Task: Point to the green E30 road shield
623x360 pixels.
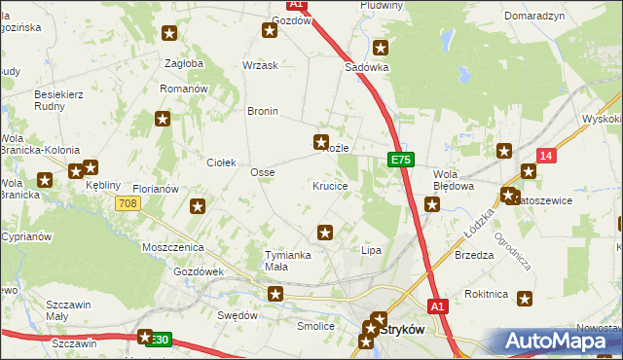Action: [159, 340]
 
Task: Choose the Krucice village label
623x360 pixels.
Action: [330, 185]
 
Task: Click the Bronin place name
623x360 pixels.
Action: [263, 111]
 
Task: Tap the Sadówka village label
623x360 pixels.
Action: [367, 68]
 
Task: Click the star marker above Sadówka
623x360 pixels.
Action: [381, 47]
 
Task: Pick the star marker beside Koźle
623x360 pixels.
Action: [321, 142]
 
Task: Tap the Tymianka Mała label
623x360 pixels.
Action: [288, 260]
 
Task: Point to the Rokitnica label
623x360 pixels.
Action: [486, 293]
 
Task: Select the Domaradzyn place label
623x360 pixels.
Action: [535, 17]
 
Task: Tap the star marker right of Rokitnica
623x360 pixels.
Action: [526, 299]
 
